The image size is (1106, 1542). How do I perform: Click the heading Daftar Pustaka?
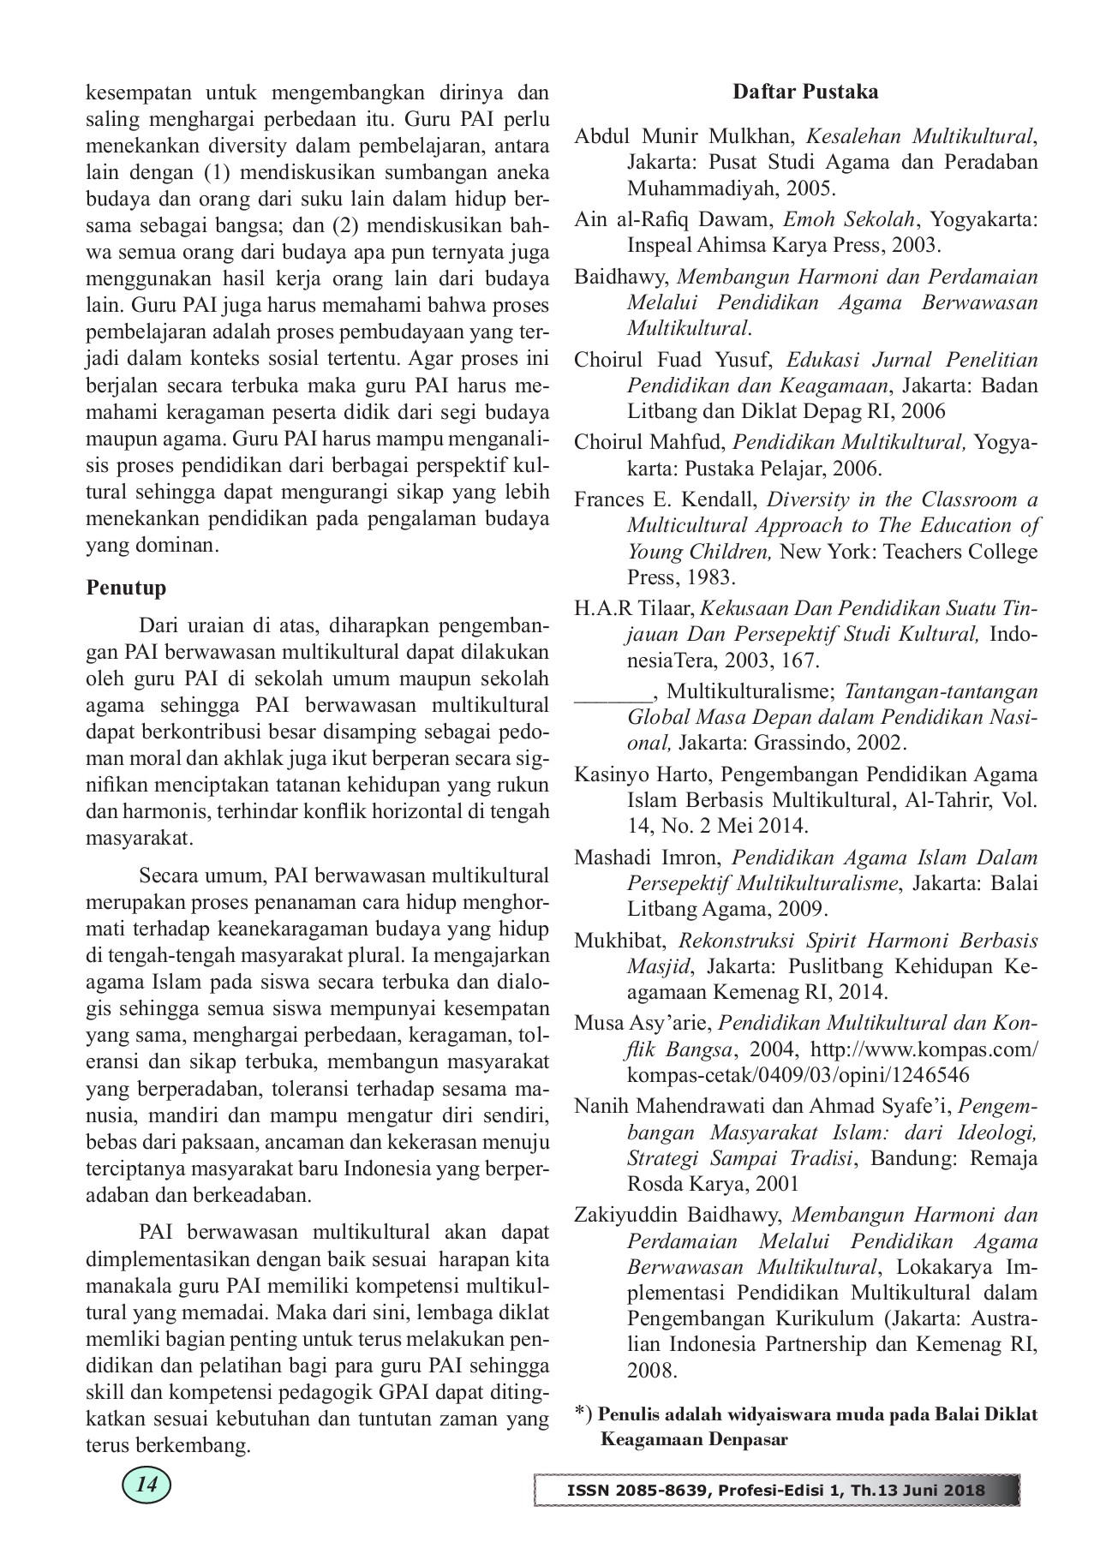pyautogui.click(x=805, y=91)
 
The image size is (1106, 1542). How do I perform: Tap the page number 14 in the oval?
pyautogui.click(x=147, y=1485)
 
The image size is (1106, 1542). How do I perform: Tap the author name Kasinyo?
pyautogui.click(x=611, y=774)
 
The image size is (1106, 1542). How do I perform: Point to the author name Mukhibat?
pyautogui.click(x=613, y=941)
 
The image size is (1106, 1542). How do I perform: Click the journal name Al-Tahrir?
pyautogui.click(x=931, y=800)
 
